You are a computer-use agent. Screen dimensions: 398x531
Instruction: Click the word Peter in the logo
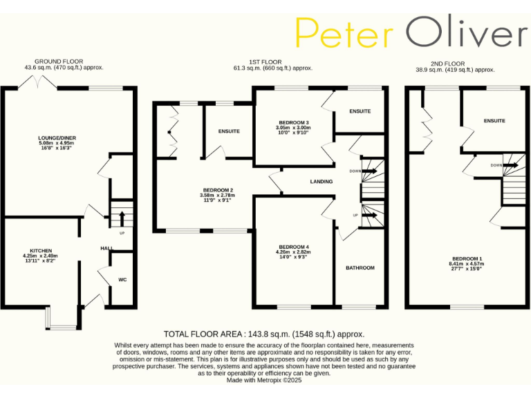[344, 33]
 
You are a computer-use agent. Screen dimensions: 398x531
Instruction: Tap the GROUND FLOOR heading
[63, 61]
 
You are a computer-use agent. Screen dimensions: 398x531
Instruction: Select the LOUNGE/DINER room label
[55, 138]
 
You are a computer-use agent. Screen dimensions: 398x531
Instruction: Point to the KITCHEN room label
[40, 251]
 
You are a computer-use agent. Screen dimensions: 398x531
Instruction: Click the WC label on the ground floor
[122, 280]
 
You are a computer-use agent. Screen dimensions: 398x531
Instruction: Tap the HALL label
[106, 248]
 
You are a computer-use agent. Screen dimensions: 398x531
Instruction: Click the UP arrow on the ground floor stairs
[122, 218]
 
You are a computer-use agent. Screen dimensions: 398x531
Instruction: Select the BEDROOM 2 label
[217, 190]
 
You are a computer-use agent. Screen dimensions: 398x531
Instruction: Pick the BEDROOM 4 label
[294, 247]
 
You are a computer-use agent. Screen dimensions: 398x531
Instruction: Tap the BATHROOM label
[360, 267]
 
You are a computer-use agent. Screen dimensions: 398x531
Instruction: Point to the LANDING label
[322, 182]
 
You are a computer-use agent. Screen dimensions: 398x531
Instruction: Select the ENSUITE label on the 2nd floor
[494, 121]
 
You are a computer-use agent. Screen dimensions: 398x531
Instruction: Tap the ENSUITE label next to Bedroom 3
[360, 111]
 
